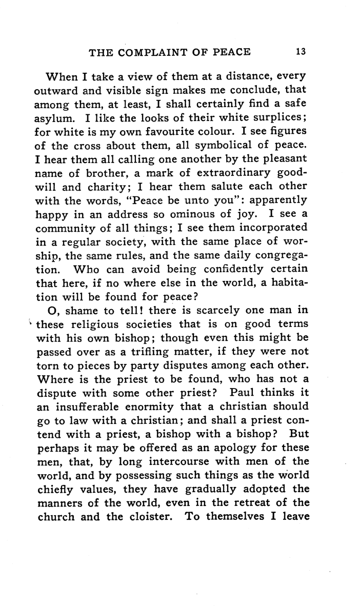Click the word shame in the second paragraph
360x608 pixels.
[74, 309]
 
